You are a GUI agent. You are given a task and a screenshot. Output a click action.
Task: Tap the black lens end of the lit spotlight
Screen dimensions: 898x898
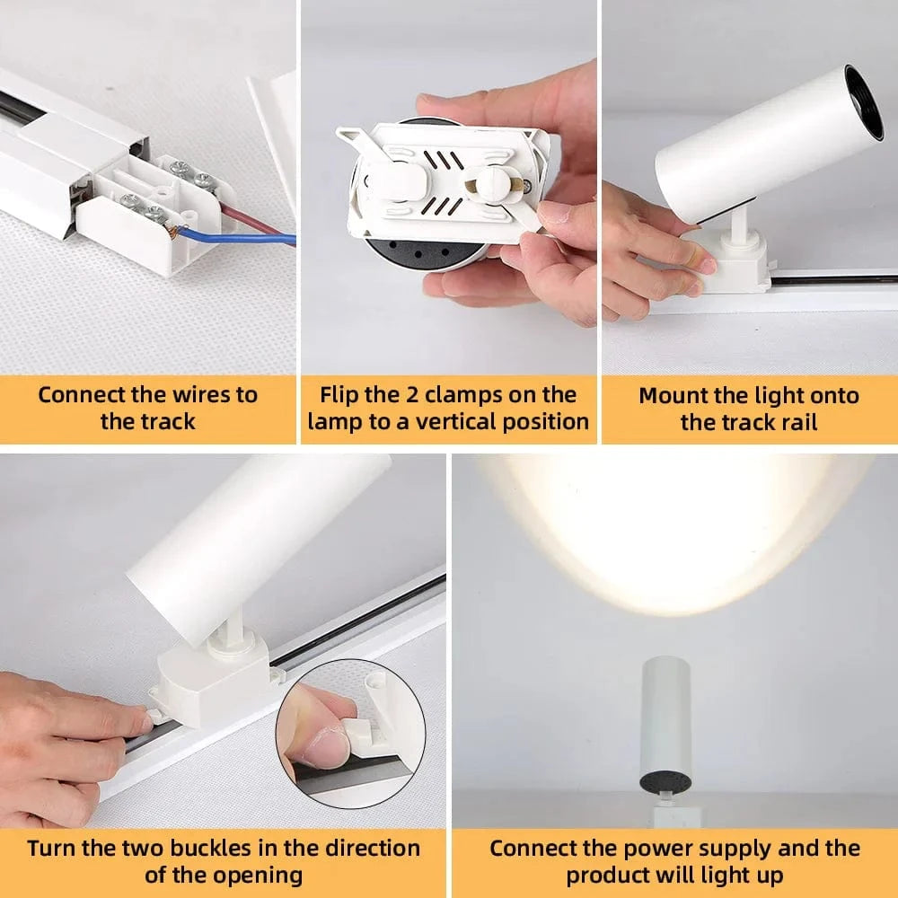(664, 782)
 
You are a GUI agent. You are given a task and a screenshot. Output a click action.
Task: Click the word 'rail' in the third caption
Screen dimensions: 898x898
(797, 422)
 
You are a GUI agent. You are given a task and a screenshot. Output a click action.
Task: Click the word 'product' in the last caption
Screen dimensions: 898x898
(611, 875)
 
